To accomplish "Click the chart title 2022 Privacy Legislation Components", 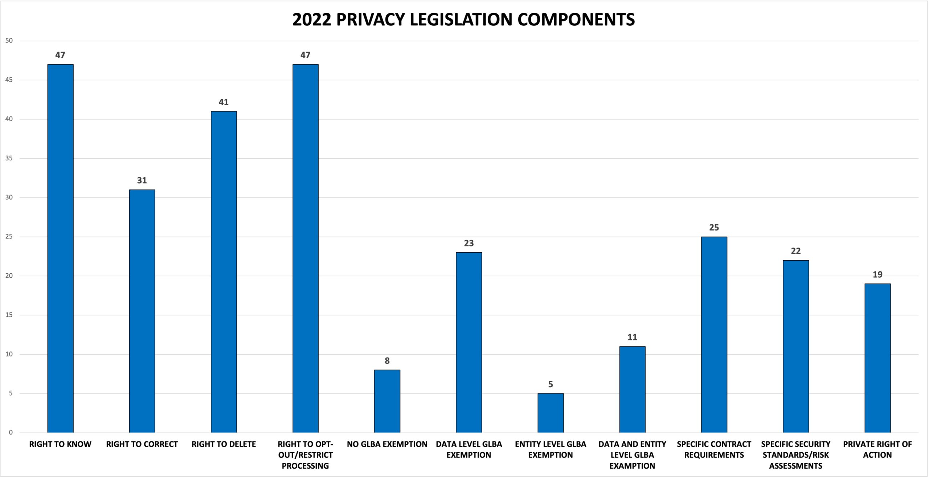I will [x=463, y=20].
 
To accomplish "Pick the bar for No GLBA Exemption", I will [x=387, y=401].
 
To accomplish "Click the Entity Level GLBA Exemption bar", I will [x=551, y=413].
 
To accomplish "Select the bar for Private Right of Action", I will [x=877, y=358].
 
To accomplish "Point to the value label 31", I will [x=142, y=180].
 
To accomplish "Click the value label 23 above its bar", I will [x=468, y=243].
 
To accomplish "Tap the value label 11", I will [x=632, y=337].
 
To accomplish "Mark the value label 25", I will [x=714, y=228].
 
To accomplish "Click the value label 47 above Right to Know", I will [x=60, y=55].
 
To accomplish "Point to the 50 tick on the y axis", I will [x=9, y=41].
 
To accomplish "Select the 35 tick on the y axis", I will [x=9, y=158].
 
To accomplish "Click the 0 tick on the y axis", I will [x=11, y=432].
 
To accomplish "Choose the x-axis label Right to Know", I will [x=60, y=444].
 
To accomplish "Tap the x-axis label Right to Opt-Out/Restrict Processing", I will [x=305, y=454].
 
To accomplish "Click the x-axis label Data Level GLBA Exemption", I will [x=468, y=449].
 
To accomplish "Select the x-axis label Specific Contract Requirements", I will [x=714, y=449].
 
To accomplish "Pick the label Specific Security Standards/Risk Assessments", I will [x=795, y=454].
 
